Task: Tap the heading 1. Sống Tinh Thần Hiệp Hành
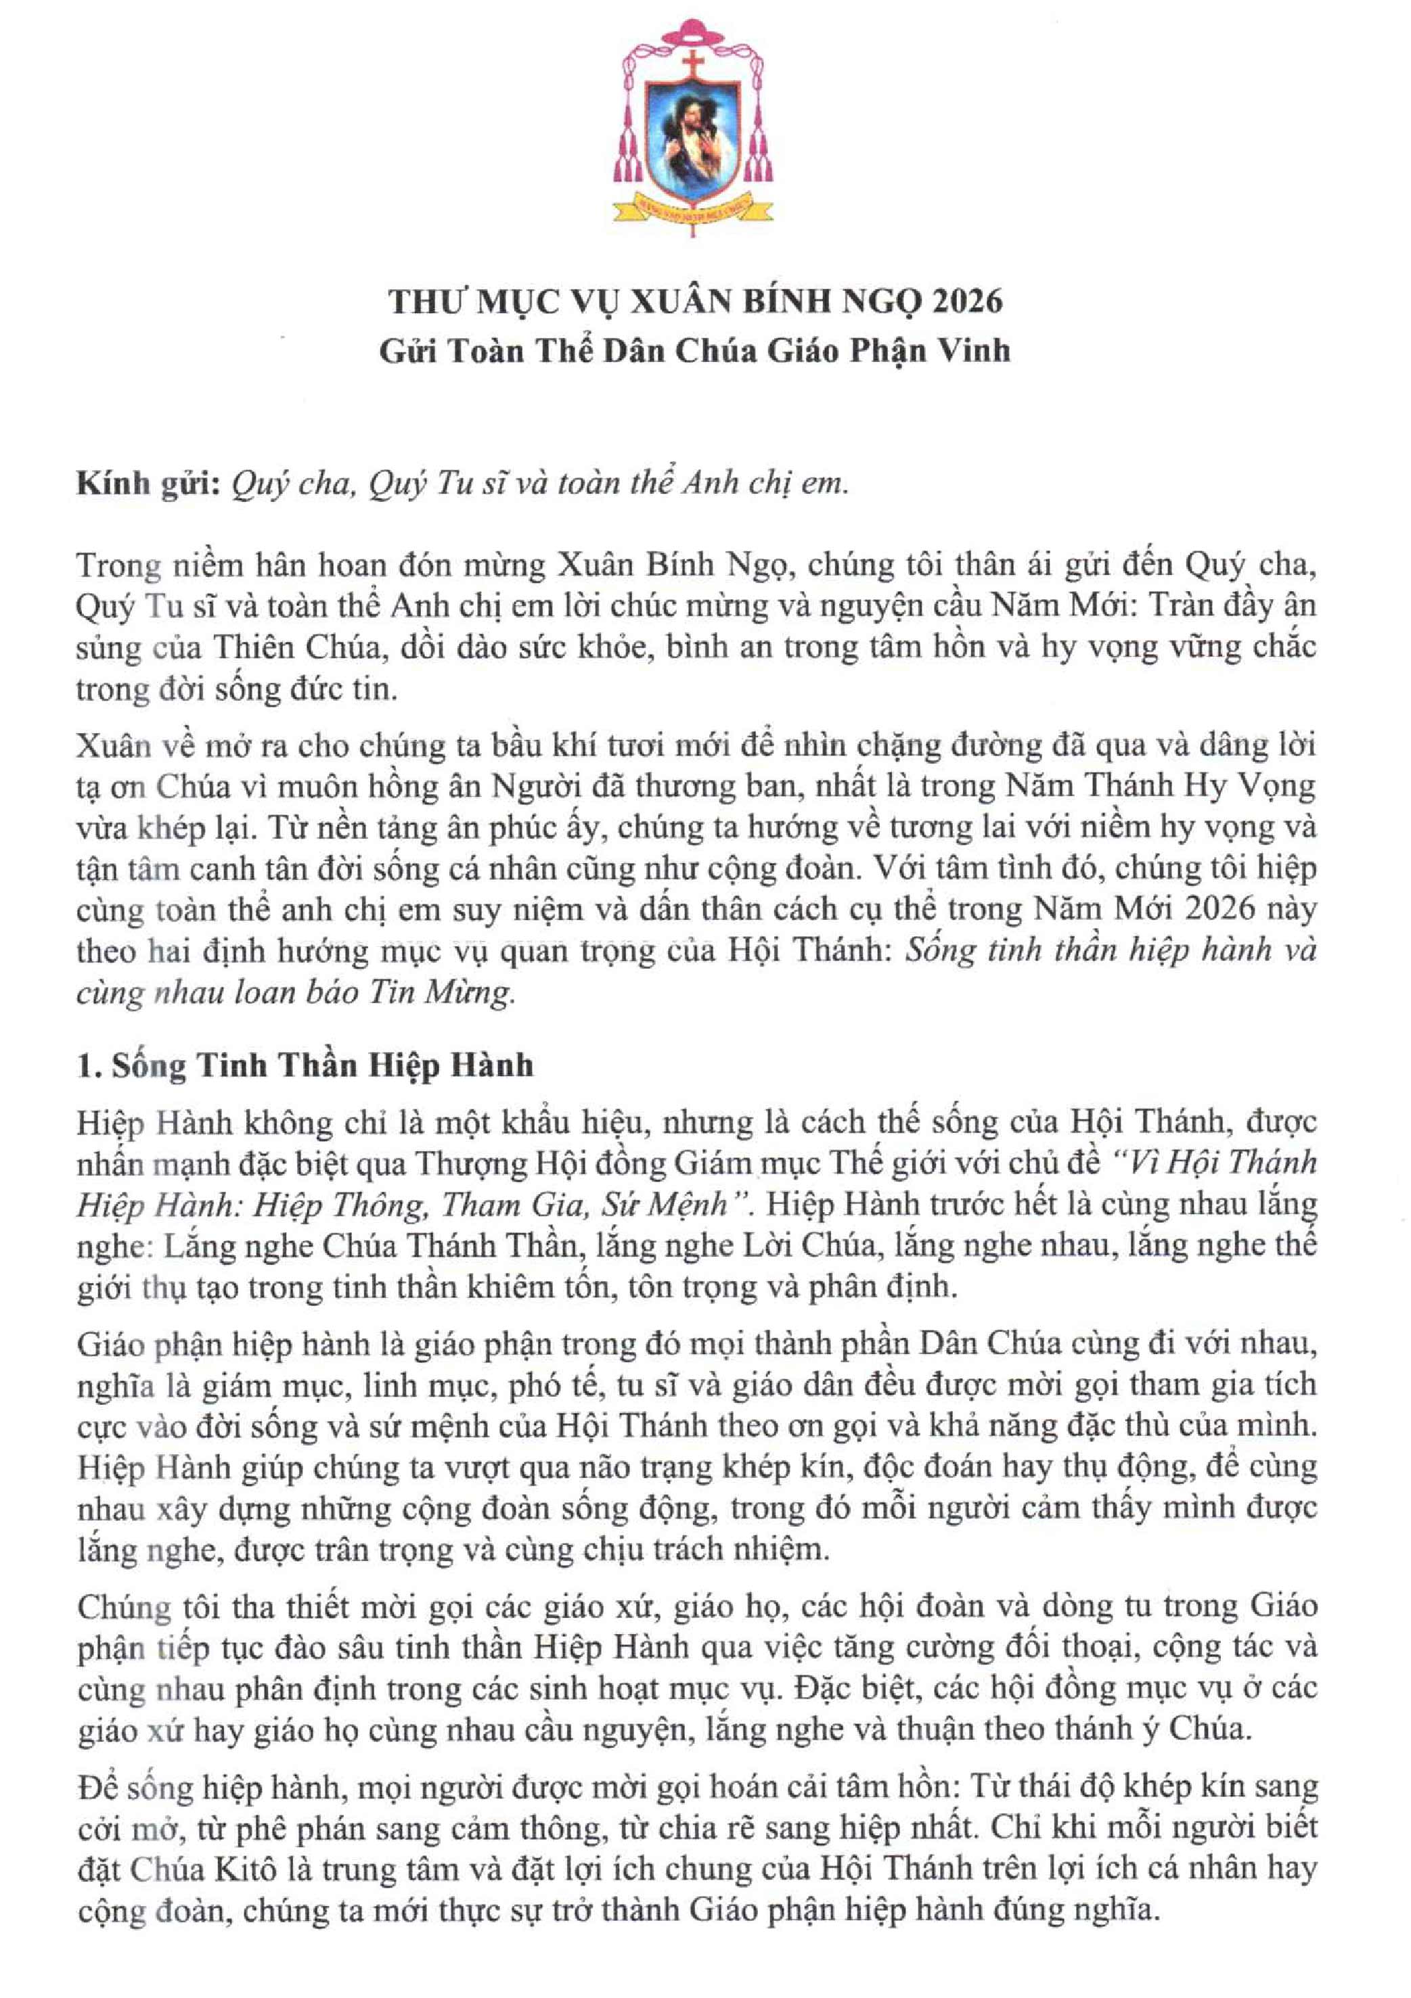[305, 1065]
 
